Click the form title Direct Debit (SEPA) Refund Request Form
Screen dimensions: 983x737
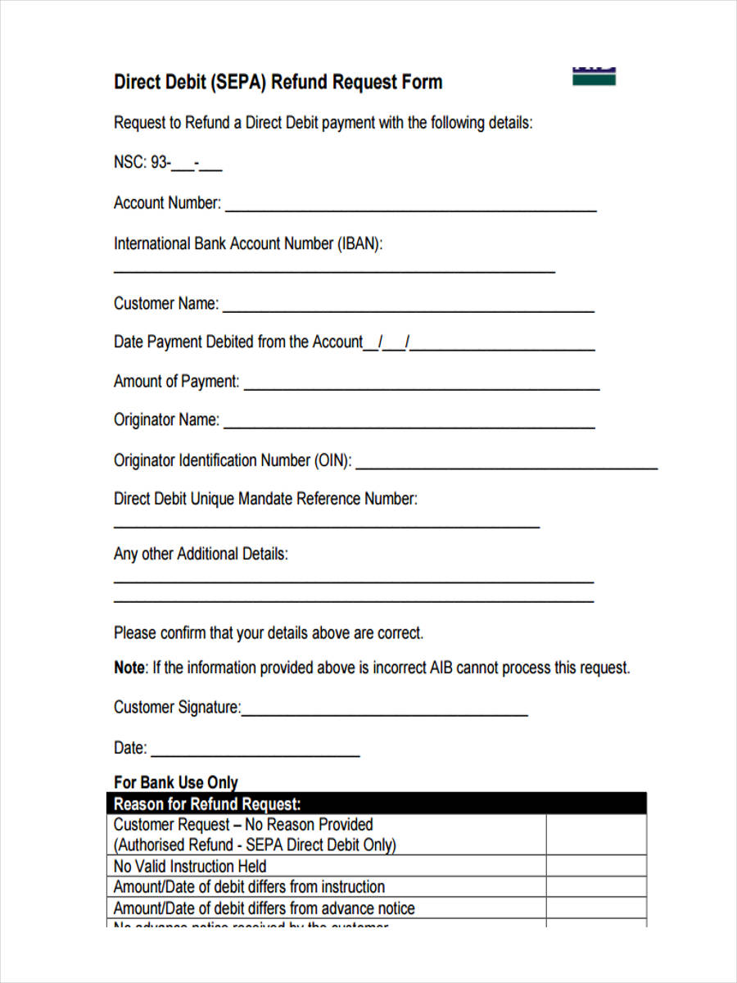pos(278,83)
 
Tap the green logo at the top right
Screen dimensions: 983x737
pos(594,76)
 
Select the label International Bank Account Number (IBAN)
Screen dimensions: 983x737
pos(248,244)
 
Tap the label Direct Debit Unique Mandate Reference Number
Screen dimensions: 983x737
pos(265,499)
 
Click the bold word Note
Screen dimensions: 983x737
pos(129,668)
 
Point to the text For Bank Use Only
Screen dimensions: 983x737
pos(175,782)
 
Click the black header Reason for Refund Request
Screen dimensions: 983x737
pos(207,804)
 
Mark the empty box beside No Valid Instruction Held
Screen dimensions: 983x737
pos(595,866)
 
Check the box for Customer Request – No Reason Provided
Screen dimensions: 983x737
pos(595,835)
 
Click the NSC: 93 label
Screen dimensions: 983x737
pos(141,163)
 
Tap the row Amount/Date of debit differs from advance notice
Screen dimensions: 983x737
pos(264,908)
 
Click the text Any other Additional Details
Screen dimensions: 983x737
pos(201,554)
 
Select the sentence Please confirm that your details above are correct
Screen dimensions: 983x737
pos(269,633)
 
